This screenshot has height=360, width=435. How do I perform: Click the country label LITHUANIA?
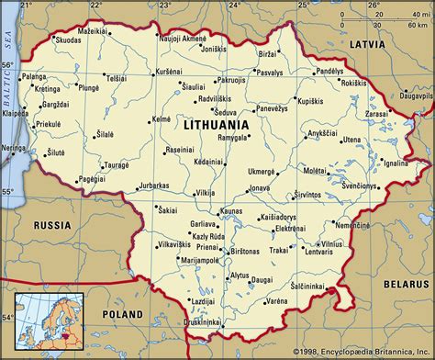coord(217,124)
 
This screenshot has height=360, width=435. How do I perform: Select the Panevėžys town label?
coord(274,109)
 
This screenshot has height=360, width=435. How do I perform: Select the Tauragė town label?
coord(117,167)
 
